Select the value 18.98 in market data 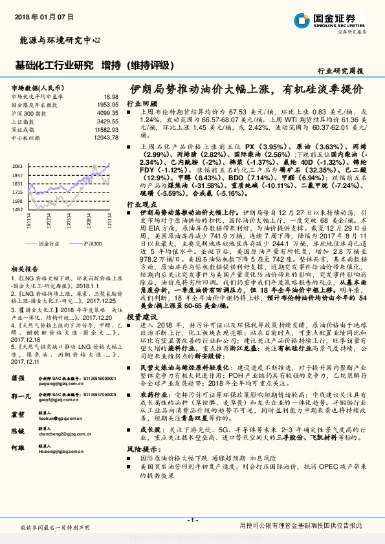pos(111,95)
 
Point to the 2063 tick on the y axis pos(19,167)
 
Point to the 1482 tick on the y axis pos(19,209)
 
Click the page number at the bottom pos(192,519)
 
